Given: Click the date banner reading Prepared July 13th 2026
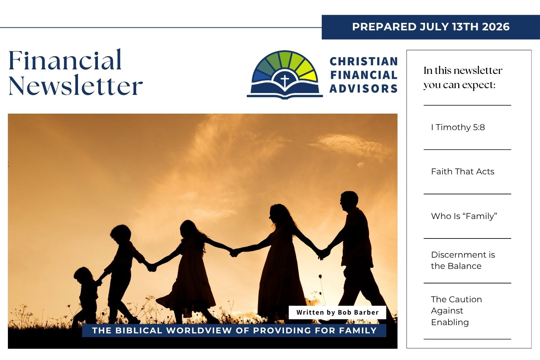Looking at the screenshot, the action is tap(431, 27).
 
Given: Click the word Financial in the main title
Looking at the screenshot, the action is tap(65, 60).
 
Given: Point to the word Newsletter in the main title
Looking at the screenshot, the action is tap(76, 85).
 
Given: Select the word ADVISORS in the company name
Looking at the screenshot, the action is tap(363, 88).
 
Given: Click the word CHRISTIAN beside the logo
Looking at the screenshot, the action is tap(364, 61).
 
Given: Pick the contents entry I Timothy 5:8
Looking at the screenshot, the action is tap(458, 127).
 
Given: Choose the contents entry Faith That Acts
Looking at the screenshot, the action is tap(463, 171).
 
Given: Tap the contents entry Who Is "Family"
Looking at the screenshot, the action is tap(464, 216).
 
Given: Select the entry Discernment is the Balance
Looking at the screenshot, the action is tap(463, 260).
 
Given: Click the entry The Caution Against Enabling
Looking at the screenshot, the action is tap(456, 310).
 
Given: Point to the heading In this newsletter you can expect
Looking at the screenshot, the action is tap(463, 78).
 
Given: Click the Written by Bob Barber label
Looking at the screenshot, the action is tap(337, 312).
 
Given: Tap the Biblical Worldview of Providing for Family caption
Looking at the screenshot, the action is tap(234, 330).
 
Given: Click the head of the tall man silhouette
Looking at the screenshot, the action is tap(349, 201).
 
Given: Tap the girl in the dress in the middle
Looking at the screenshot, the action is tap(190, 270).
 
